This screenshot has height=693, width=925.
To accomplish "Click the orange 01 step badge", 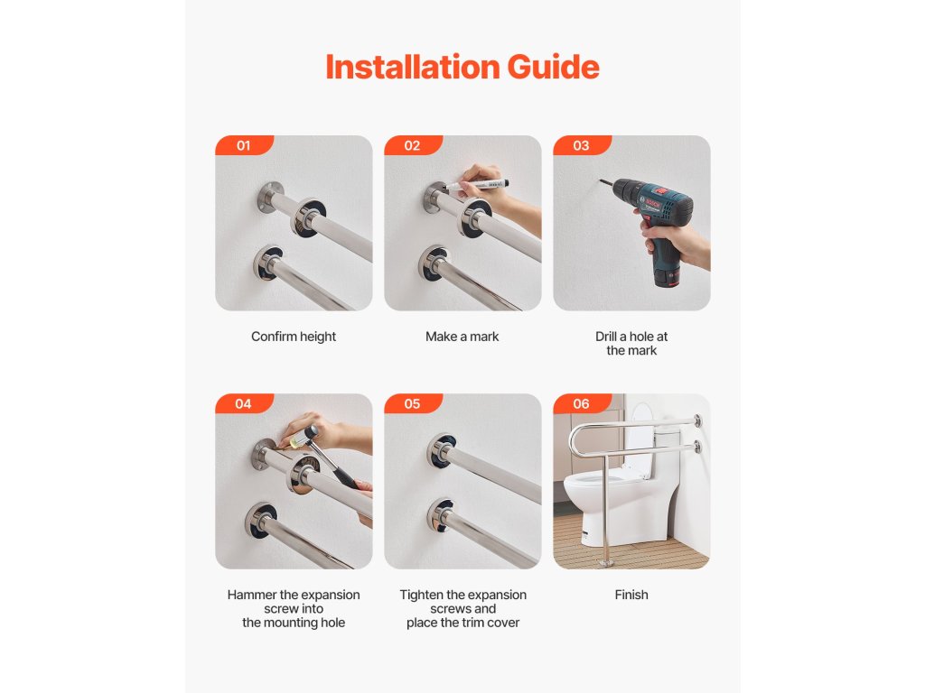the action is pos(244,145).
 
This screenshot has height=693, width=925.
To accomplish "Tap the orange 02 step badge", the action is pos(412,145).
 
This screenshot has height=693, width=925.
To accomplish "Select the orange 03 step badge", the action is pos(582,145).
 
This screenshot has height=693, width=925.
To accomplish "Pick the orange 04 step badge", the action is pos(244,403).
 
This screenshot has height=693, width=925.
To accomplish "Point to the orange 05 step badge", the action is pos(412,403).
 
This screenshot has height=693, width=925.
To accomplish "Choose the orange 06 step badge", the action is pos(582,403).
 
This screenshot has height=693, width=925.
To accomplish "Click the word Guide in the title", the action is pos(554,67).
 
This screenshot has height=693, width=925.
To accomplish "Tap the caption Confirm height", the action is pos(294,337).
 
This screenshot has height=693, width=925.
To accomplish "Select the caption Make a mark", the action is pos(462,337).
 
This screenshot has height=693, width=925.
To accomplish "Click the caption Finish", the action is pos(631,595).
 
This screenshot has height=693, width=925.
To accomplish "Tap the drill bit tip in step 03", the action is pos(601,180).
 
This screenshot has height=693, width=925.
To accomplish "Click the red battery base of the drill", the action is pos(668,278).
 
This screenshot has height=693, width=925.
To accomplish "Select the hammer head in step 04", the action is pos(306,436).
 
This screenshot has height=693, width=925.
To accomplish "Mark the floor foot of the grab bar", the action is pos(606,563).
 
